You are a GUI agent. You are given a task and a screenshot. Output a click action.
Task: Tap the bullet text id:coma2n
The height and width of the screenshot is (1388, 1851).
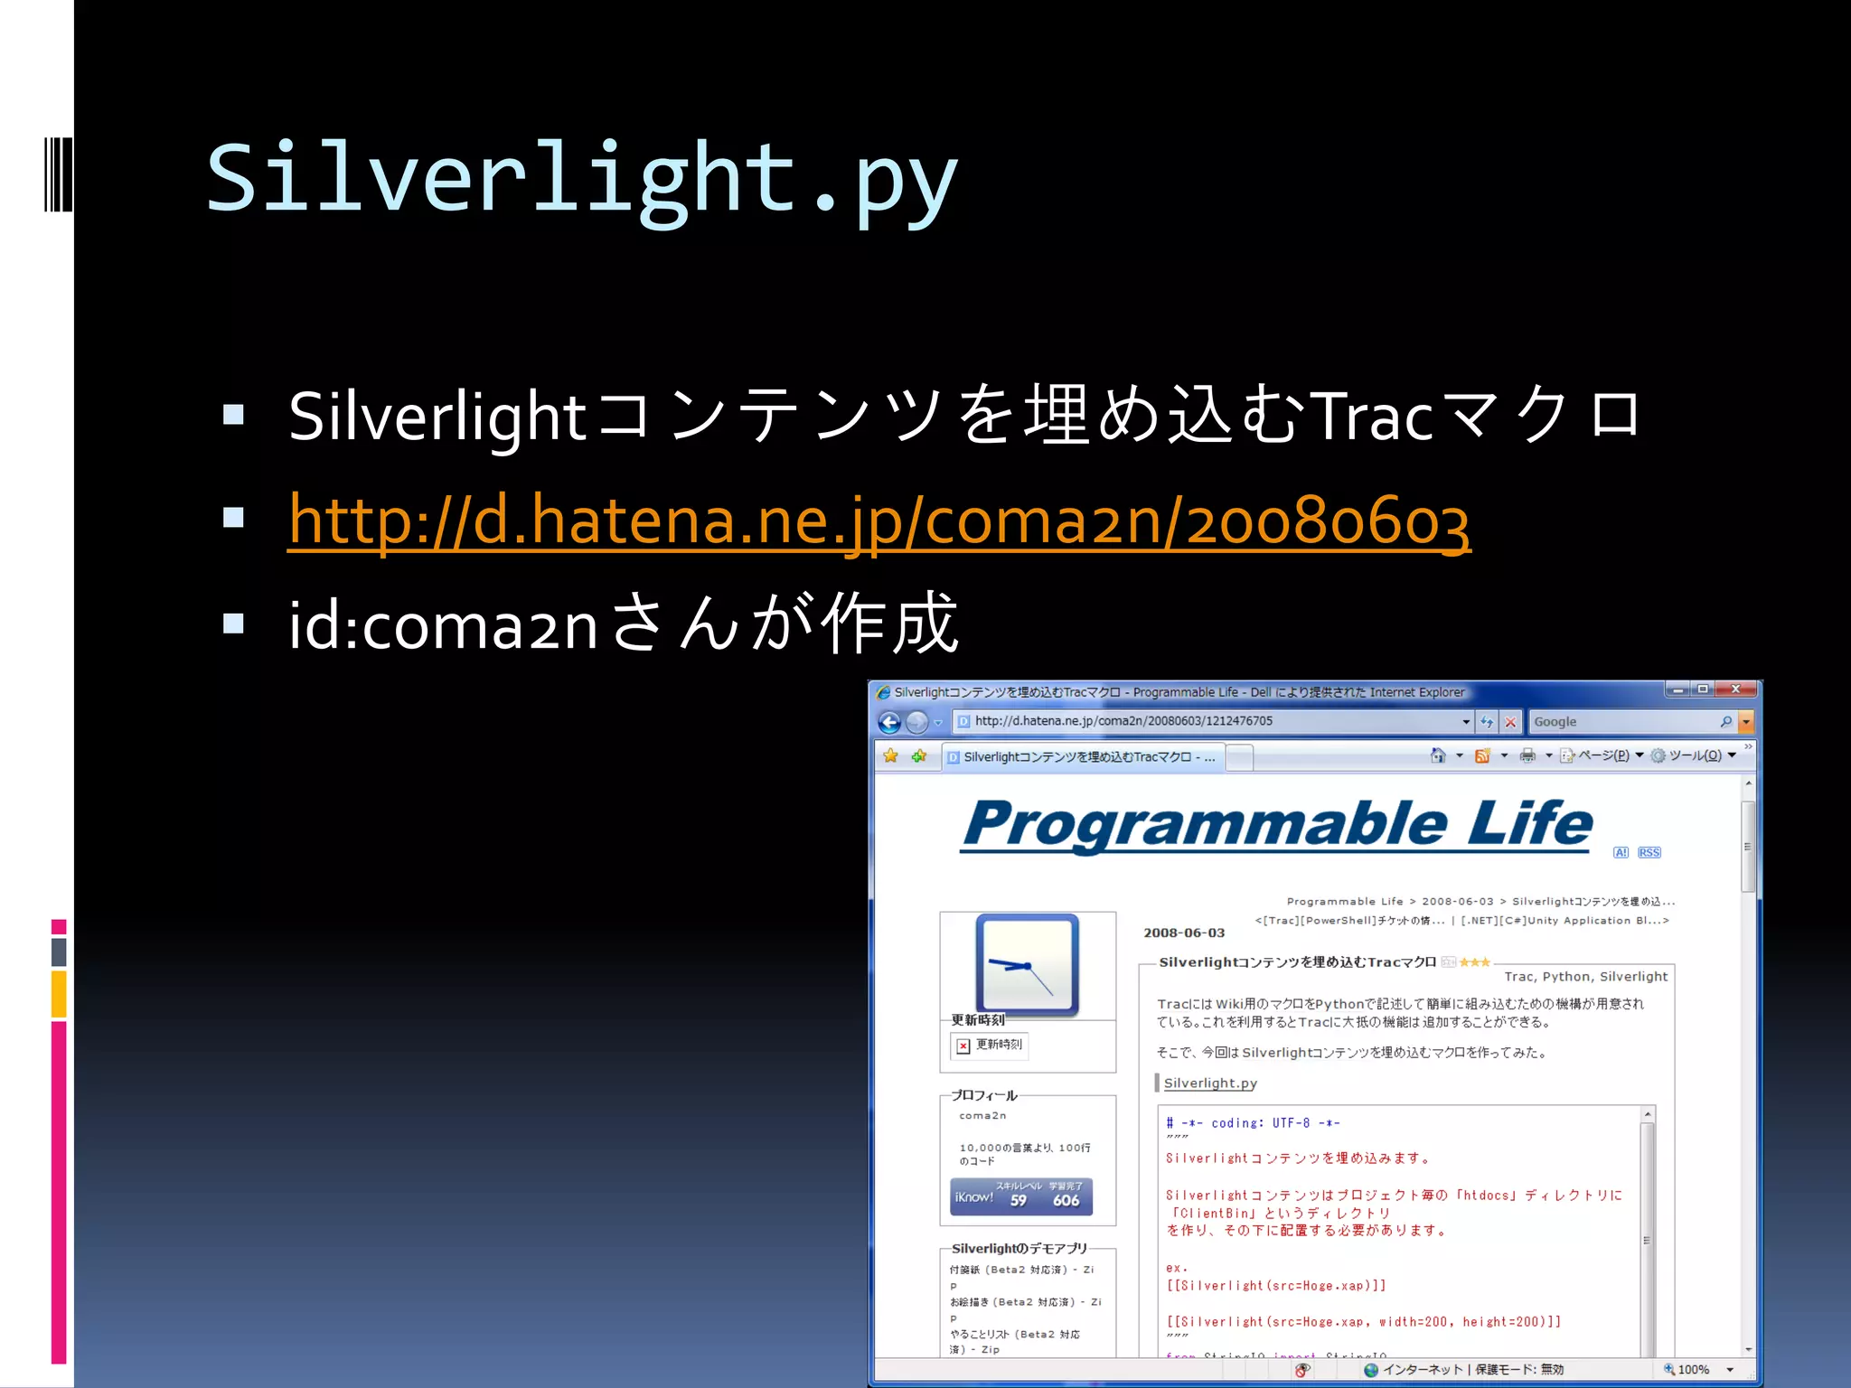[x=443, y=624]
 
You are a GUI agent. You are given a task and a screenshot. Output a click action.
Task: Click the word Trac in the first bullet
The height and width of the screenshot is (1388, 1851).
[x=1371, y=417]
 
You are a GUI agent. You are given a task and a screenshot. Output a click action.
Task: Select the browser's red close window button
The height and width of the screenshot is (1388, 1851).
[x=1734, y=689]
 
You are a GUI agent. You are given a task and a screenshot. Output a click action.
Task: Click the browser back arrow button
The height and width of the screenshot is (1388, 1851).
[x=889, y=722]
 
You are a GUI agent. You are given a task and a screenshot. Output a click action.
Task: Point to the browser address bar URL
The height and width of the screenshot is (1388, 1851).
[x=1123, y=721]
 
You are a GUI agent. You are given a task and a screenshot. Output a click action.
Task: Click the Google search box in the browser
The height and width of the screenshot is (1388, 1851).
[x=1622, y=722]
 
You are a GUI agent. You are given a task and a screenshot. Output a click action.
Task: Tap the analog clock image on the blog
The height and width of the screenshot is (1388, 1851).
[x=1028, y=964]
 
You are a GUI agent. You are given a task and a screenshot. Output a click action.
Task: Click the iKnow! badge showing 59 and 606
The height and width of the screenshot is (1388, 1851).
[x=1021, y=1196]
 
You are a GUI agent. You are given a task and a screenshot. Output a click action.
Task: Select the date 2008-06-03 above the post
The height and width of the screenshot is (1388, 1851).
[x=1184, y=933]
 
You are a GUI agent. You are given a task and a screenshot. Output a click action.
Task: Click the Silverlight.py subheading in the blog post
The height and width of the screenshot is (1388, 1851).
[x=1210, y=1083]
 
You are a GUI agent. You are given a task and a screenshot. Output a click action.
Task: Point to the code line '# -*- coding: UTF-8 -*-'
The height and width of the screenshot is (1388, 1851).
[x=1253, y=1123]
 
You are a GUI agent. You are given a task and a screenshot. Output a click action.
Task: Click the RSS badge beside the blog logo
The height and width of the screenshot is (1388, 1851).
[x=1649, y=852]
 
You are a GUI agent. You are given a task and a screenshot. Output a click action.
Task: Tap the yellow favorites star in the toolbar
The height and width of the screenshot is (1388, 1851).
[x=891, y=755]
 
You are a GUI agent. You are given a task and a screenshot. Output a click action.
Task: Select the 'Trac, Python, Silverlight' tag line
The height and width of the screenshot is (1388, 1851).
[x=1585, y=977]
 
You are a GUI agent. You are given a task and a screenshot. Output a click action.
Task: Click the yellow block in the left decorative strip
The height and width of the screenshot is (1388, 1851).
[x=59, y=993]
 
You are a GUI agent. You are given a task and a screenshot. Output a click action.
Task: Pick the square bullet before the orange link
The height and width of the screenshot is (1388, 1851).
[x=234, y=518]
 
